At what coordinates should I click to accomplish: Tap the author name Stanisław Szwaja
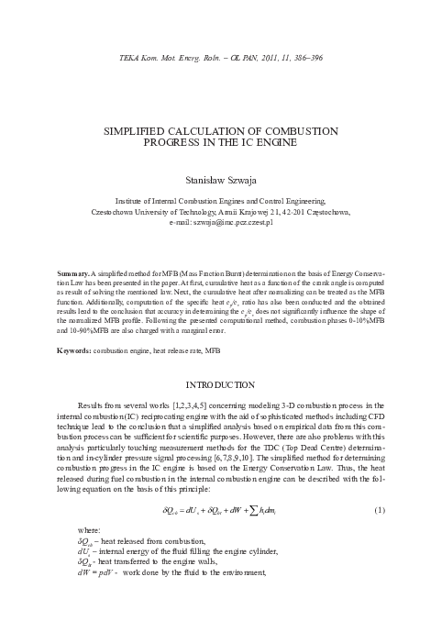[220, 181]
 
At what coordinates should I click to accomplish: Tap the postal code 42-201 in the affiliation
[294, 213]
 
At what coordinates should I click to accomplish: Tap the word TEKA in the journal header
[133, 61]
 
